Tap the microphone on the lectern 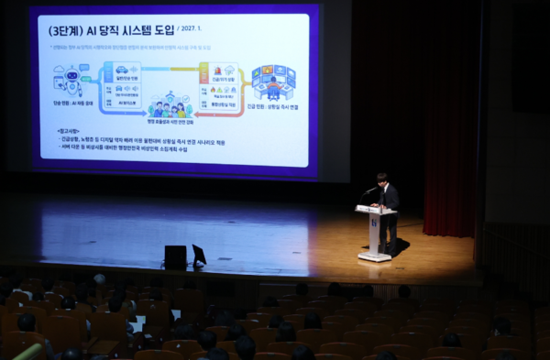click(x=368, y=191)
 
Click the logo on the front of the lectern click(x=374, y=221)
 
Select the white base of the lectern click(x=374, y=257)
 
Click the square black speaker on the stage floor click(x=175, y=256)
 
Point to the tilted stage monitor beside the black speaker click(x=199, y=255)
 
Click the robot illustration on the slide click(x=70, y=80)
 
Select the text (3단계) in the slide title click(x=66, y=30)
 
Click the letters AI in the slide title click(x=94, y=30)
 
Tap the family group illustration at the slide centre click(x=169, y=105)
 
